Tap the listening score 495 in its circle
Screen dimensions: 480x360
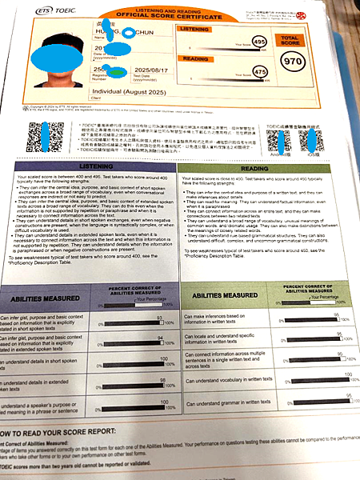258,41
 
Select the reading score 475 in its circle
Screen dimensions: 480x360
258,72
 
